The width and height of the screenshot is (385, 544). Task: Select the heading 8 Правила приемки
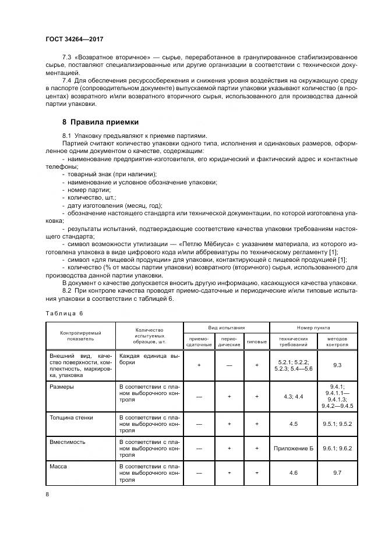100,122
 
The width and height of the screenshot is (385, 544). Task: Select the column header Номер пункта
313,328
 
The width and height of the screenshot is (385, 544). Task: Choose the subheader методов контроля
336,341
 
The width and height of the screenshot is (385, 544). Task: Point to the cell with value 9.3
336,365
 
